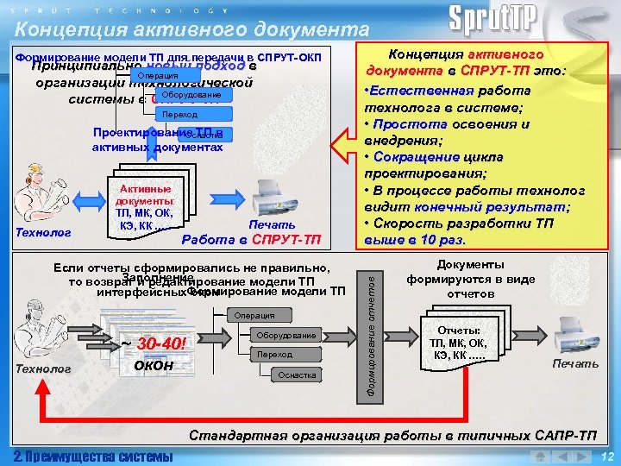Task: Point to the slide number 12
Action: (x=606, y=457)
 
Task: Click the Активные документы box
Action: (x=145, y=208)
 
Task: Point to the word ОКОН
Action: (x=154, y=366)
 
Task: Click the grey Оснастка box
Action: (x=297, y=375)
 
